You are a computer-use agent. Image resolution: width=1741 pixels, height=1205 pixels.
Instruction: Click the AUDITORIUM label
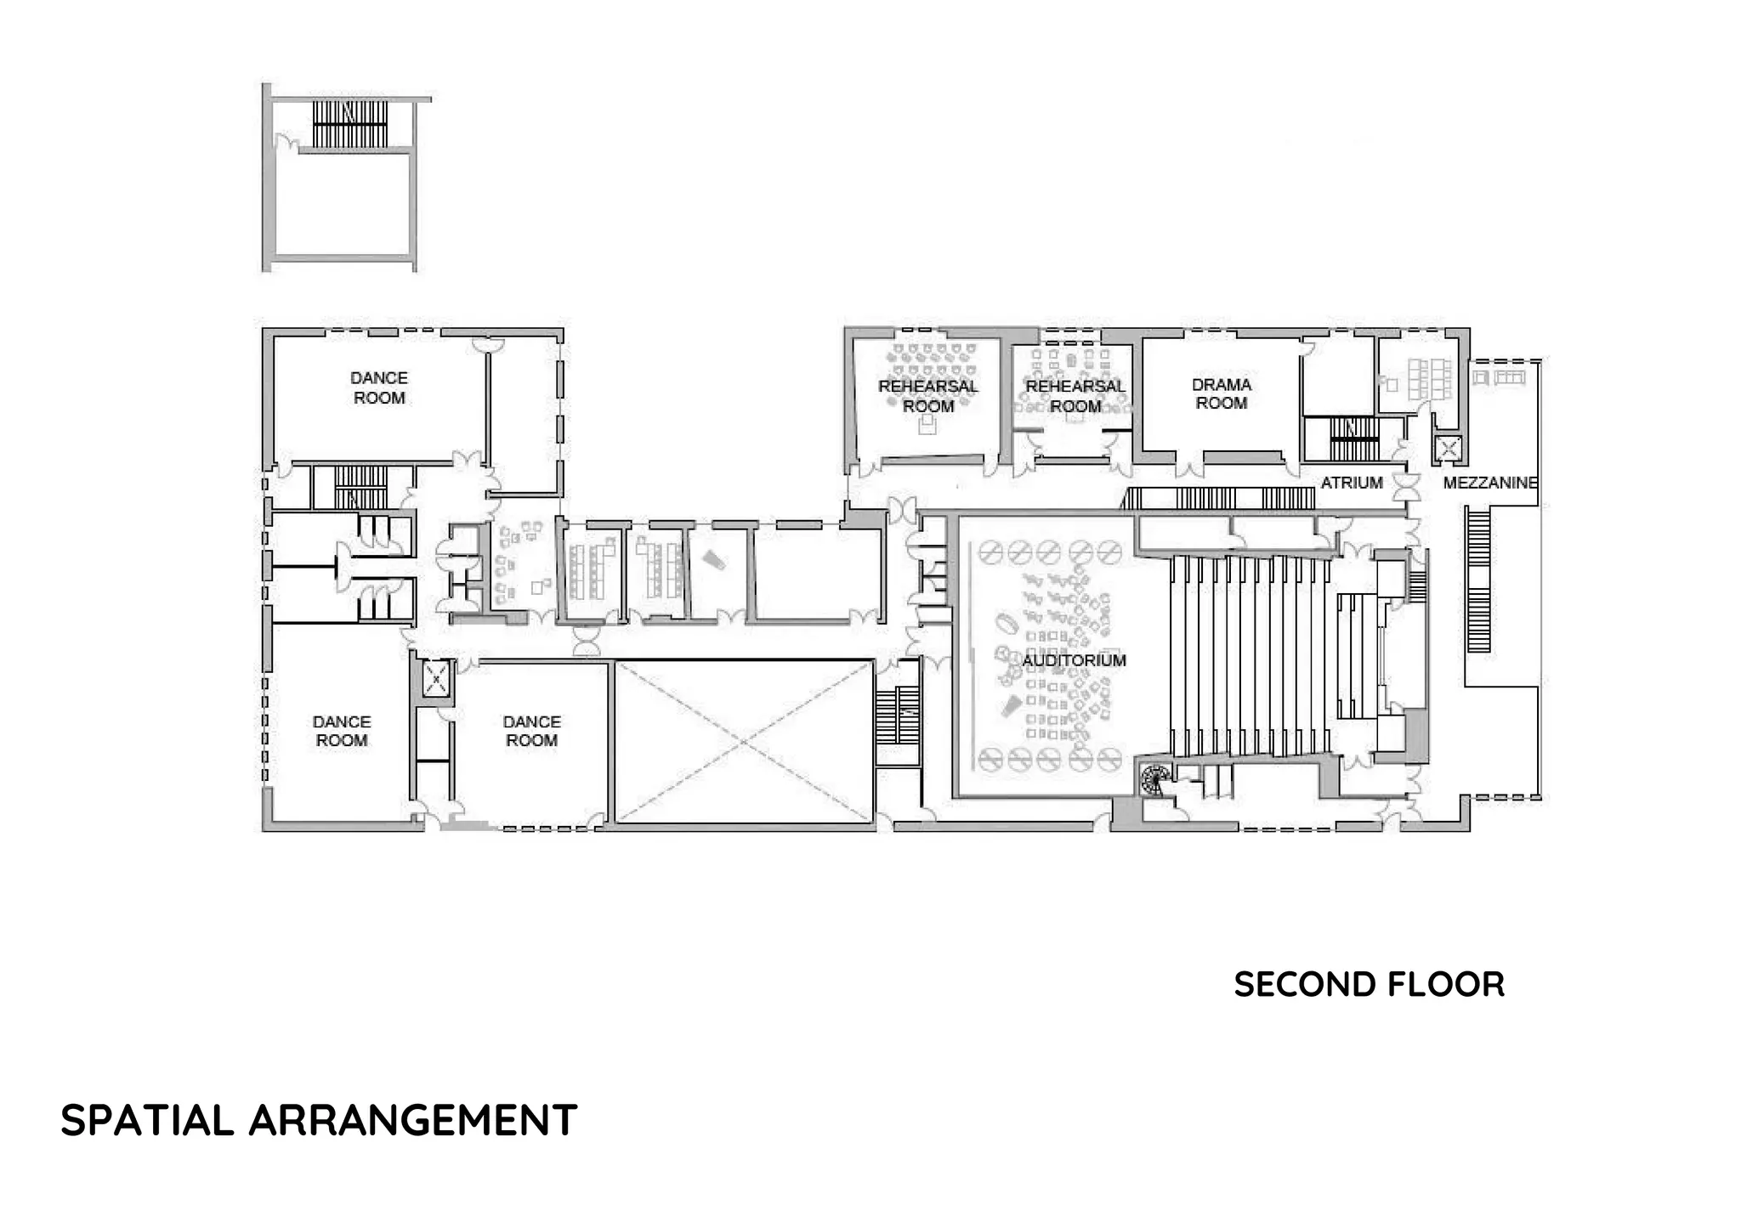coord(1074,660)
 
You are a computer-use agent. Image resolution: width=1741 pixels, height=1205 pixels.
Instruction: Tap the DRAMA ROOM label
coord(1221,394)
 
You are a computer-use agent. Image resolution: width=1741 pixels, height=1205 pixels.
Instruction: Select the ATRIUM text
coord(1352,483)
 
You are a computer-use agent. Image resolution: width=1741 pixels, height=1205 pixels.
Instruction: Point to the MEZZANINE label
coord(1490,483)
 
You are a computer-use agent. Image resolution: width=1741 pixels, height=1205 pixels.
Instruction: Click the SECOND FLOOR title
coord(1369,985)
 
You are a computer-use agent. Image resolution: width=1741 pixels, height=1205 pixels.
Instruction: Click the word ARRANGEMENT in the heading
coord(413,1120)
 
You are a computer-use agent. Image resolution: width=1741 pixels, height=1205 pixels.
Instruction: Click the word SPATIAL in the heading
coord(147,1120)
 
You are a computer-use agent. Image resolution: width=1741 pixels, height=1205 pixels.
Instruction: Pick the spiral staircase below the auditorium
coord(1154,778)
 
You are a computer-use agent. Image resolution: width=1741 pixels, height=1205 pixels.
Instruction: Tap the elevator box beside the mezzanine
coord(1447,448)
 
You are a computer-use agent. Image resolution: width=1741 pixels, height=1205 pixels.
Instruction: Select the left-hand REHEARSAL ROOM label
coord(927,396)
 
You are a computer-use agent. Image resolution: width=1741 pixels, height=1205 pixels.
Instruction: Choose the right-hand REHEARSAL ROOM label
coord(1075,396)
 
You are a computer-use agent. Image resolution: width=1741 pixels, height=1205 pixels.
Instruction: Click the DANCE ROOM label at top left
coord(379,388)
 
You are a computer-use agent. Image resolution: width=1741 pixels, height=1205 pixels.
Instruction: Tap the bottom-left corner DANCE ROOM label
coord(342,731)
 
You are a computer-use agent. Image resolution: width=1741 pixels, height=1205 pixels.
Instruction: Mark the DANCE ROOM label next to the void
coord(531,731)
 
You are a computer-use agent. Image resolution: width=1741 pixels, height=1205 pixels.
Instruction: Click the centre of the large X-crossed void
coord(743,742)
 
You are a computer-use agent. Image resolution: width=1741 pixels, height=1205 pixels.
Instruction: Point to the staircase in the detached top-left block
coord(349,124)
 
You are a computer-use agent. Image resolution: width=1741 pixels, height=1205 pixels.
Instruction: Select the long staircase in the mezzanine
coord(1479,578)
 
